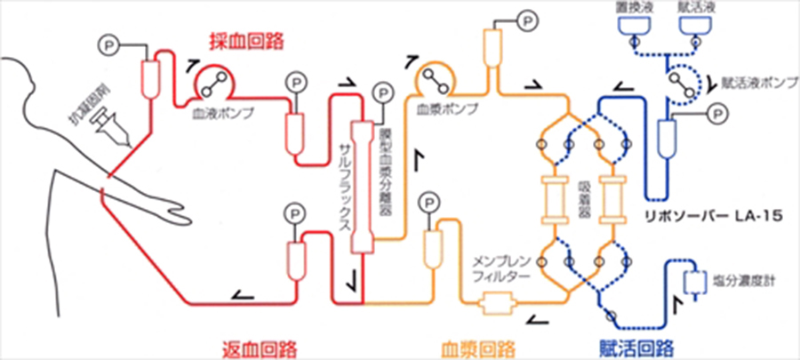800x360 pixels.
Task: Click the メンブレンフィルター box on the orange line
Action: point(492,307)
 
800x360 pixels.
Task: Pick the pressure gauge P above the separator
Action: point(383,91)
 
